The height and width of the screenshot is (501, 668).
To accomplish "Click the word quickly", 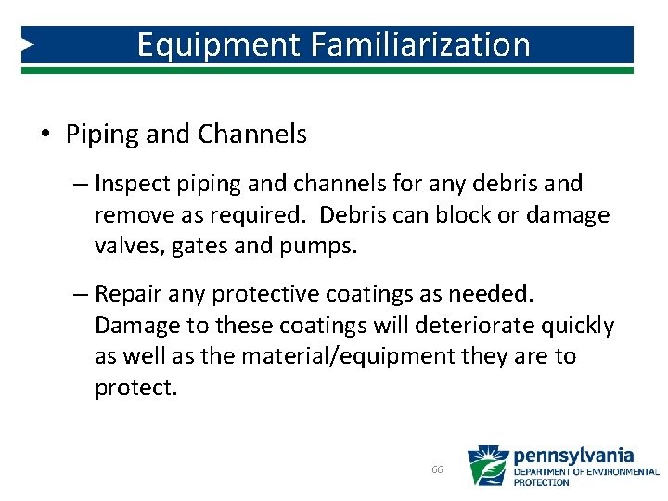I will [571, 326].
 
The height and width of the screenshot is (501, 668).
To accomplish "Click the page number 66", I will [437, 470].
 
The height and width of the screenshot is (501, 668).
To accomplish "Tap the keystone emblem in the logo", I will [486, 467].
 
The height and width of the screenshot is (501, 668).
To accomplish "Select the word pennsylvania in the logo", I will [573, 456].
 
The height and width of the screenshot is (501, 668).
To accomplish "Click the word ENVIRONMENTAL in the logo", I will [623, 472].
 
